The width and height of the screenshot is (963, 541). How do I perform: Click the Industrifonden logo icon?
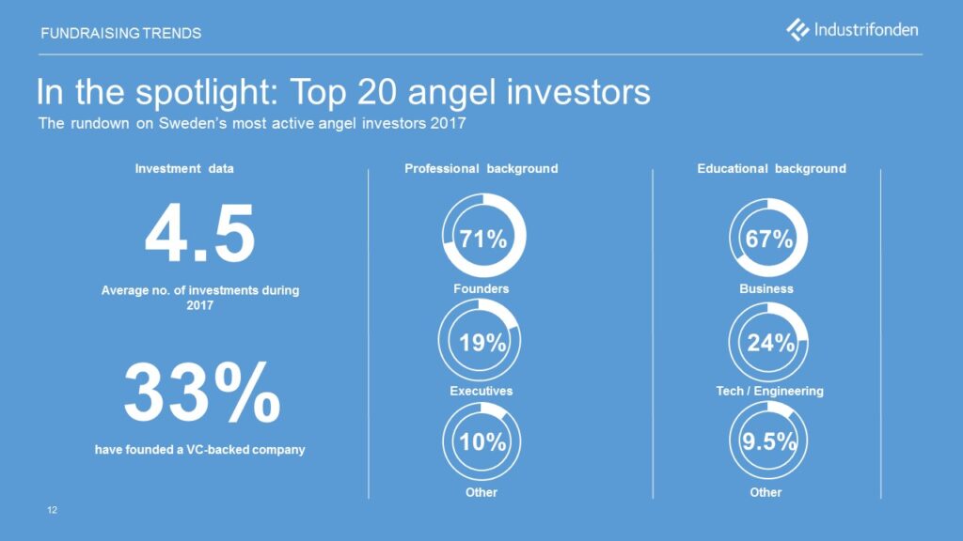797,29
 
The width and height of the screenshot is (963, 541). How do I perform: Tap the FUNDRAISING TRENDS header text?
121,33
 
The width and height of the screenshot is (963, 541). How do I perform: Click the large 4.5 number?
199,234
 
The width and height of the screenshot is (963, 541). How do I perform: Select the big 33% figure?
202,393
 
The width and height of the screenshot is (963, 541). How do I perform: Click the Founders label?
481,289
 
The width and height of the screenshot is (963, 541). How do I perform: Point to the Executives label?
481,391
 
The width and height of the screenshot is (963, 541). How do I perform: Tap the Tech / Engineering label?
769,391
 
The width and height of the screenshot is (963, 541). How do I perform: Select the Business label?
766,289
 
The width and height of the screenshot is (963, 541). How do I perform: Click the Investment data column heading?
184,169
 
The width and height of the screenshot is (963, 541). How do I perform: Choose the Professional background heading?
481,169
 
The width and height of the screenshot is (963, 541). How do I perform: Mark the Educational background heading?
771,169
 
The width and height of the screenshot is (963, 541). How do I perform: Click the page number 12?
53,510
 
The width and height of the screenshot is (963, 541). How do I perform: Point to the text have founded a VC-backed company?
199,450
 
